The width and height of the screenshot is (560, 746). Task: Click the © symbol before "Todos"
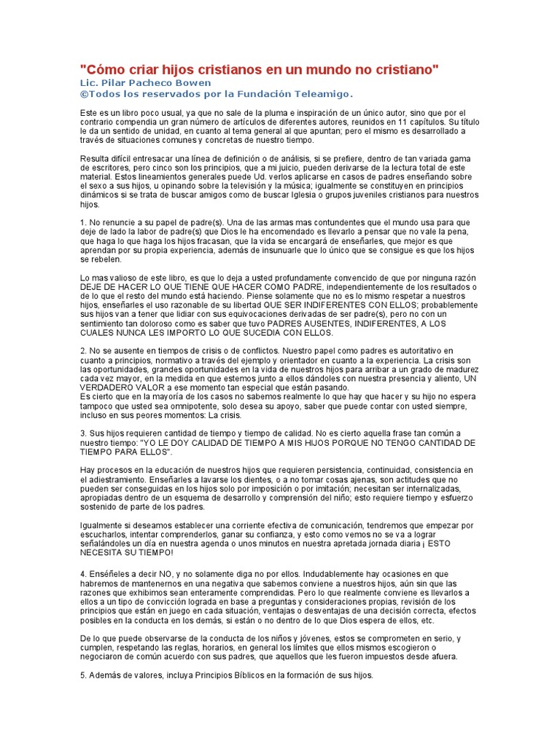pyautogui.click(x=83, y=94)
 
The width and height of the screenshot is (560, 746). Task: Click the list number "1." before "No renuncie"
pyautogui.click(x=83, y=222)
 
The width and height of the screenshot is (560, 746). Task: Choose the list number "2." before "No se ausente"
pyautogui.click(x=83, y=351)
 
